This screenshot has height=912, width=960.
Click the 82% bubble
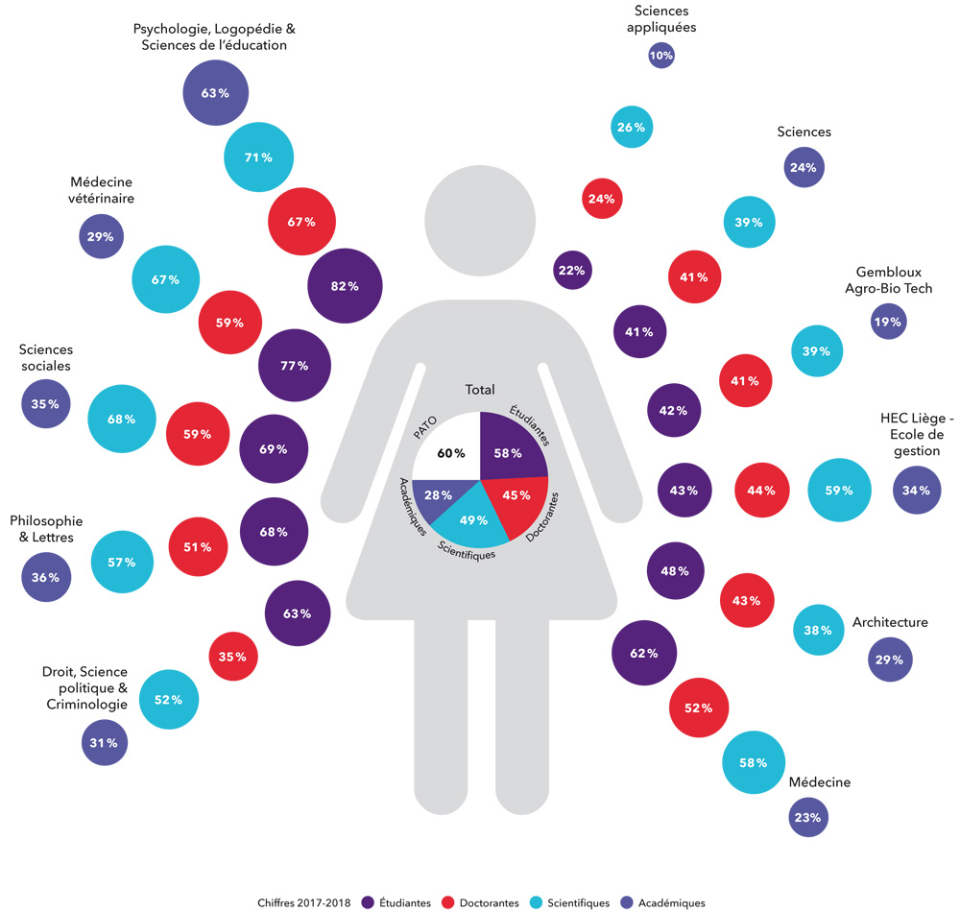tap(345, 286)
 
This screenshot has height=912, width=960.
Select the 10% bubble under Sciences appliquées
tap(661, 56)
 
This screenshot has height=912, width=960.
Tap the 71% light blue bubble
tap(258, 157)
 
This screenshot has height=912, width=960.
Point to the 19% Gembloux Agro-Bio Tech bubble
tap(888, 323)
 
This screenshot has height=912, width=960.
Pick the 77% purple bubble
tap(295, 366)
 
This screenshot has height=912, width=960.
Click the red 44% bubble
tap(760, 491)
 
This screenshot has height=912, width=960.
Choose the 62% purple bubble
tap(644, 654)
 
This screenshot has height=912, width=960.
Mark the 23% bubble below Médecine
tap(807, 818)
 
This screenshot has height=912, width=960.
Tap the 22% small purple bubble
tap(572, 271)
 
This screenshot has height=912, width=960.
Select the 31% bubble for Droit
tap(105, 743)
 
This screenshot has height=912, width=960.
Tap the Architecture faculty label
tap(890, 622)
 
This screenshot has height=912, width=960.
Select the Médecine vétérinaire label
tap(102, 190)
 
